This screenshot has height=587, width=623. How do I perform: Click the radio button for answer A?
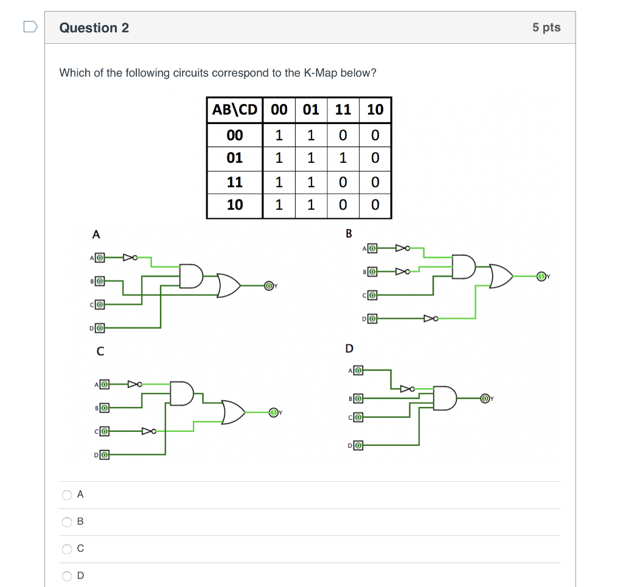pos(67,495)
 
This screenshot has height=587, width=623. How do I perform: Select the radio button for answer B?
pos(67,522)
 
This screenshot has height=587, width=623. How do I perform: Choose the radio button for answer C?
pos(67,549)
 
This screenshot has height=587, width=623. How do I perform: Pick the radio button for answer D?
pos(67,575)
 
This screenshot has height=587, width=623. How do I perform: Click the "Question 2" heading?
pos(94,28)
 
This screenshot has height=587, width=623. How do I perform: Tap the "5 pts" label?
pos(546,27)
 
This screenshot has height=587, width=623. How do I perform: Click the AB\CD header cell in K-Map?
pos(235,110)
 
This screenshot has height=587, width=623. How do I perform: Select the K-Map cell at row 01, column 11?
pos(343,158)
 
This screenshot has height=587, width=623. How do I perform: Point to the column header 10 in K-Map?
pos(375,110)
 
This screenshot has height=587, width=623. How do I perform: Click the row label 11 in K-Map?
pos(235,182)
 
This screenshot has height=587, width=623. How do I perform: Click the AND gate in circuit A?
pos(190,276)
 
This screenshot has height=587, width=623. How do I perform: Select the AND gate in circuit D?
pos(444,398)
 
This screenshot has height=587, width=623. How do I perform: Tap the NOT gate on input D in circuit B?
pos(430,318)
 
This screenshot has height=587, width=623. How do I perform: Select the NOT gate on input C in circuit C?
pos(148,431)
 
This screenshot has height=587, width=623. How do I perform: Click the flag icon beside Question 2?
pos(30,27)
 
